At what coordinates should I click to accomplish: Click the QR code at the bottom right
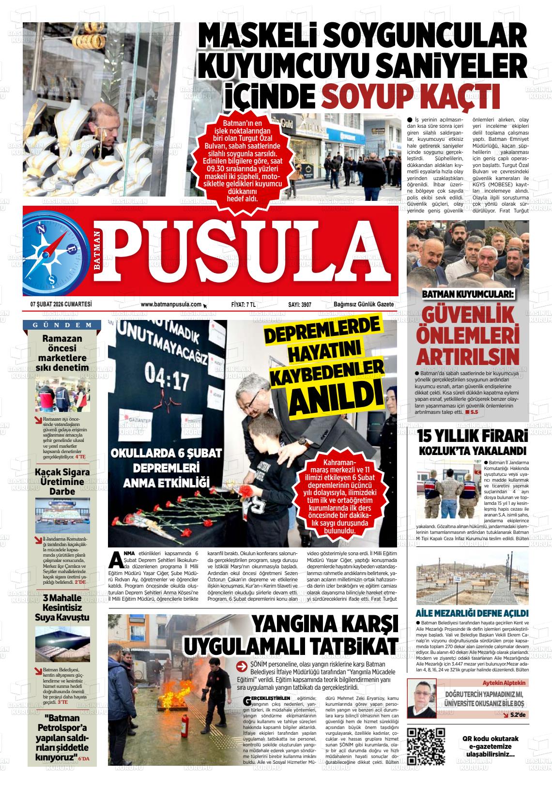[x=426, y=745]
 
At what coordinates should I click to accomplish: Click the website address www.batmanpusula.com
[x=171, y=304]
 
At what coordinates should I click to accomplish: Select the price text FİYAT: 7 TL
[x=244, y=304]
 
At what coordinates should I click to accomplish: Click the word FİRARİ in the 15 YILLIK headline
[x=503, y=436]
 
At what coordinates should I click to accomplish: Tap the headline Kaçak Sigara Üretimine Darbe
[x=62, y=482]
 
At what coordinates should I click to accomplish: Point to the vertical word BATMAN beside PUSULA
[x=98, y=253]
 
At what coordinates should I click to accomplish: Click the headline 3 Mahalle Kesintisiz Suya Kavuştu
[x=62, y=607]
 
